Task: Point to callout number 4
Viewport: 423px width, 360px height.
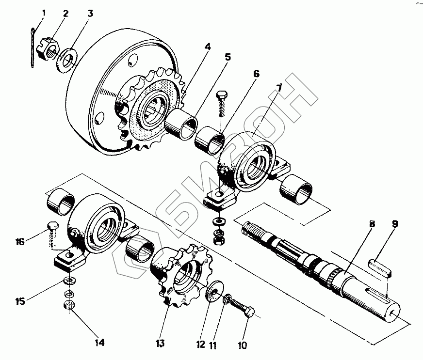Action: coord(208,47)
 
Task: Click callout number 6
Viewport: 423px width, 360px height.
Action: coord(256,75)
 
